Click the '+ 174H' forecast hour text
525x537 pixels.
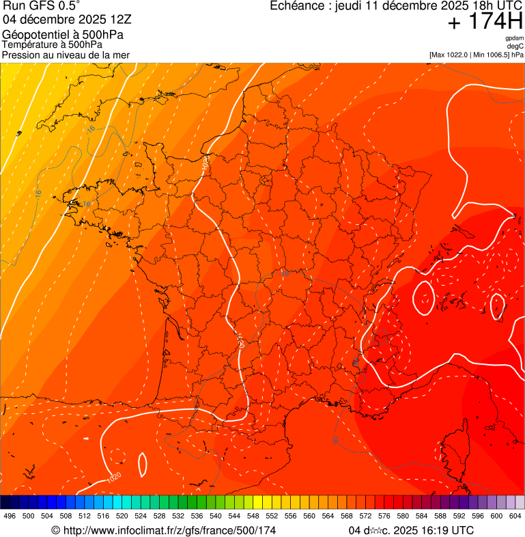pos(485,22)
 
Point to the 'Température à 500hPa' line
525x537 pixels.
pos(53,44)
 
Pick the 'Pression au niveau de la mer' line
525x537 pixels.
pos(66,55)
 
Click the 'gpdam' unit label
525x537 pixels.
pos(514,38)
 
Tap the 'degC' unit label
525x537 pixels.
pos(515,46)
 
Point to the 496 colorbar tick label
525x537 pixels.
pos(10,517)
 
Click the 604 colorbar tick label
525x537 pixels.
pos(515,517)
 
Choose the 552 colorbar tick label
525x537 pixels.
pos(272,517)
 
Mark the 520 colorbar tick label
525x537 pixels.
pos(122,517)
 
